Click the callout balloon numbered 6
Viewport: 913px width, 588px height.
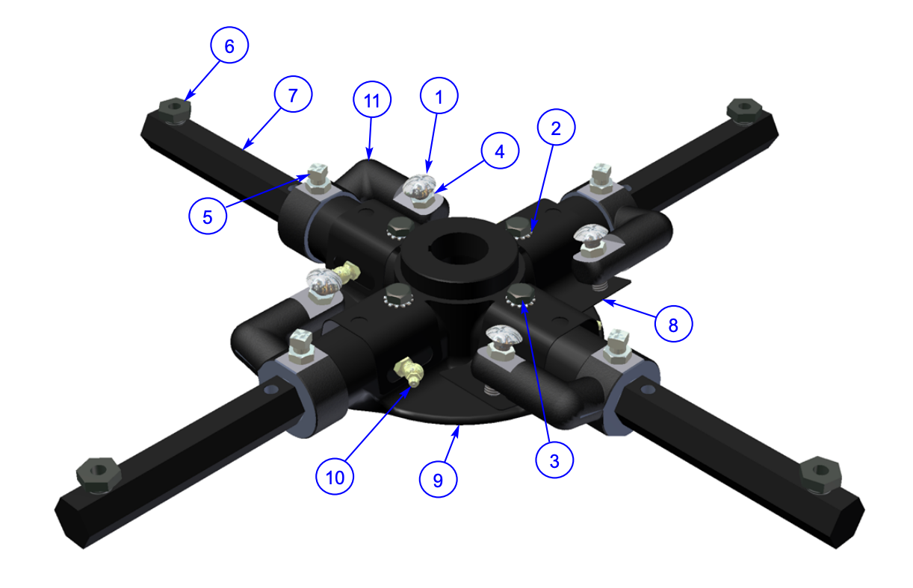pos(229,46)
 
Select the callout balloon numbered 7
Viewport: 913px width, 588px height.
pos(293,95)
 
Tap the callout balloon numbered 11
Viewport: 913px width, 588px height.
pos(371,101)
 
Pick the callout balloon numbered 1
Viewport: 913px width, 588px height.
pos(439,97)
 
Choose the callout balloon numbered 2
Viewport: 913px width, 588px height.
pos(555,129)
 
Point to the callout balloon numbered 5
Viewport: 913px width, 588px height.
pos(208,216)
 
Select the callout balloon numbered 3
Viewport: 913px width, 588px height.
pos(554,460)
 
